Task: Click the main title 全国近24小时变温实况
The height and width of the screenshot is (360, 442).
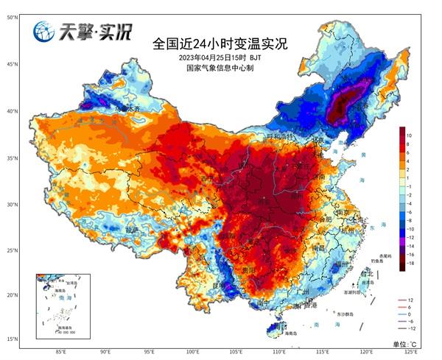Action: (220, 43)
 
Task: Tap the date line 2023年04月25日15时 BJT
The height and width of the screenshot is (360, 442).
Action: (220, 57)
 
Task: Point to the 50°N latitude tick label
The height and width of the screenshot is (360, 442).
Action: (13, 15)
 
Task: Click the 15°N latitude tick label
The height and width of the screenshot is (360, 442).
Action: (13, 339)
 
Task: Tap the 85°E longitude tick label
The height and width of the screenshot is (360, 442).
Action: (62, 353)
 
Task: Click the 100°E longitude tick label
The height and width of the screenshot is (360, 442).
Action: (193, 353)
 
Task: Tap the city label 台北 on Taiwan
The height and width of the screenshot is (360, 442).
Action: (367, 274)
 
